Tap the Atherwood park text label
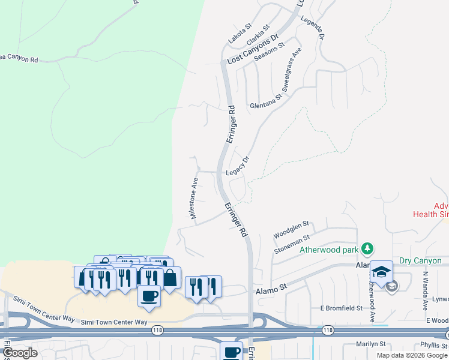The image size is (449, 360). (x=329, y=249)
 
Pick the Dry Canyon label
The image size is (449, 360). (x=420, y=261)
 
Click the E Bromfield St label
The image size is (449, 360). (x=341, y=308)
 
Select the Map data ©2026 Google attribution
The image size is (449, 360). (x=411, y=355)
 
